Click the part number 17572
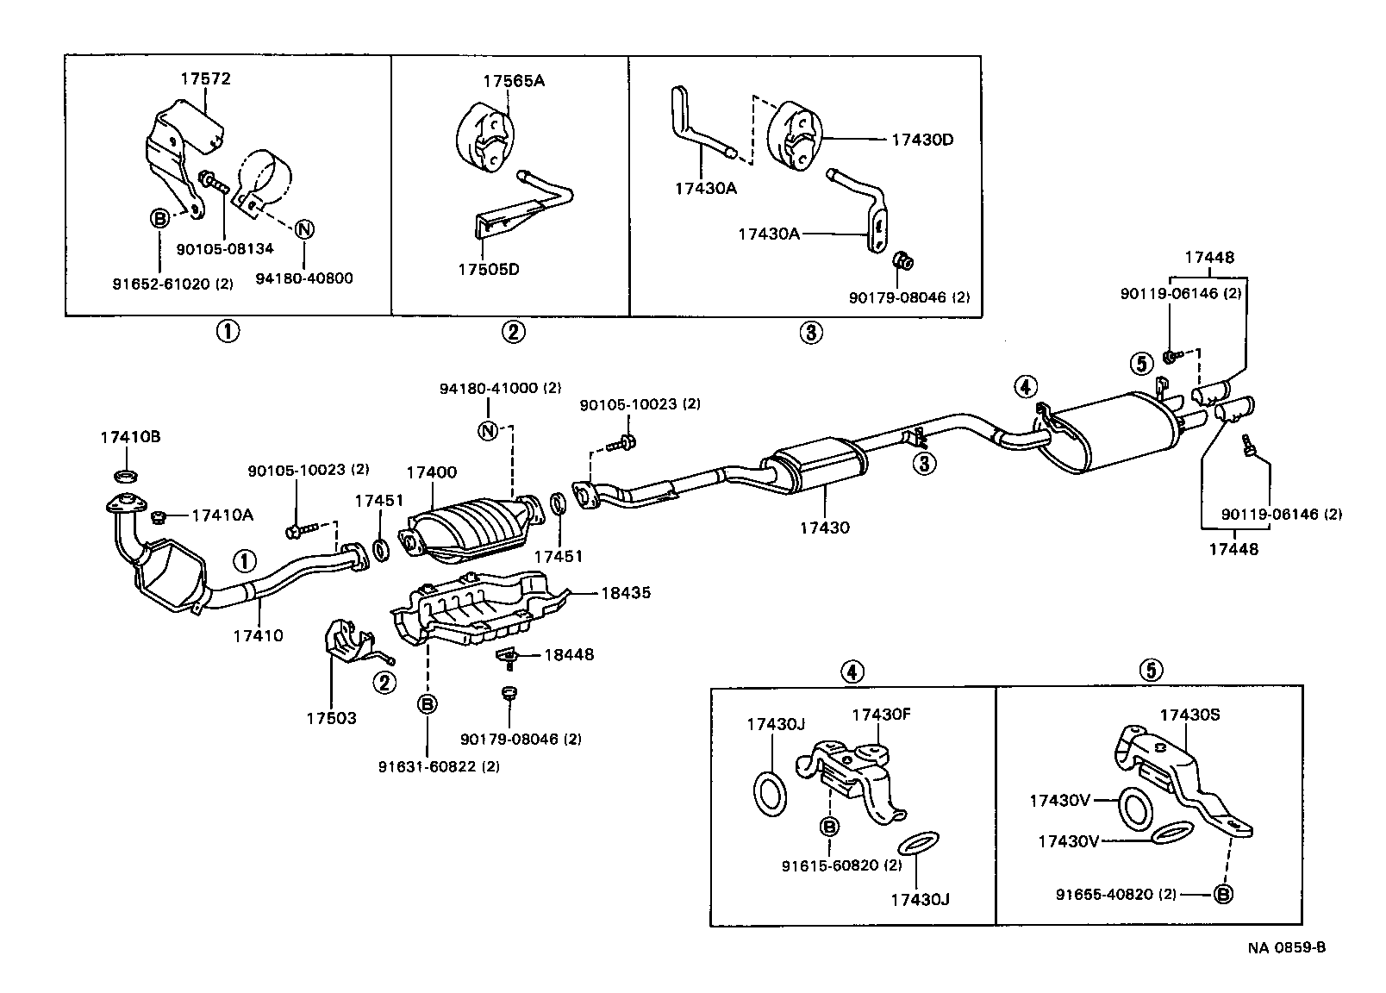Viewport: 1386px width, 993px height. click(205, 78)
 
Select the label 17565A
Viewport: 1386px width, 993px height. click(514, 82)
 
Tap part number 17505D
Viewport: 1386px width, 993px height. click(489, 269)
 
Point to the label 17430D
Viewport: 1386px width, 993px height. click(921, 139)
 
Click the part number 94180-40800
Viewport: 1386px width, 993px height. click(304, 279)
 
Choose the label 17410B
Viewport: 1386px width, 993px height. click(130, 437)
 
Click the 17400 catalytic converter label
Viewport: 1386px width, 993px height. click(431, 472)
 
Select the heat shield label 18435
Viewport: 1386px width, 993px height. click(625, 593)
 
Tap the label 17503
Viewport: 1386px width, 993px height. click(331, 717)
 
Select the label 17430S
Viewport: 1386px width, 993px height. click(1189, 715)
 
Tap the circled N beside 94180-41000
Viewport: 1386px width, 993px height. click(488, 430)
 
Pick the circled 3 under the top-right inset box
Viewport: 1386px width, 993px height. click(811, 333)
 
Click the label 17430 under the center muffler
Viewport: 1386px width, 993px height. click(823, 527)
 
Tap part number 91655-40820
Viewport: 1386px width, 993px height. click(1105, 894)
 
